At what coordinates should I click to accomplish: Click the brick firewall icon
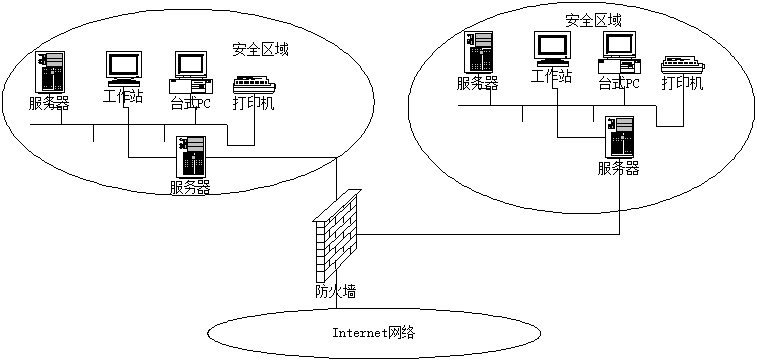coord(337,236)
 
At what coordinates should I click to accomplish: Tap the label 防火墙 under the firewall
coord(335,291)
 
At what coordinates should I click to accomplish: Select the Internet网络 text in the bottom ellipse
coord(374,332)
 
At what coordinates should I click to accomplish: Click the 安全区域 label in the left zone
coord(260,50)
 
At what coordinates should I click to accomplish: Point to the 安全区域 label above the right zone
coord(593,20)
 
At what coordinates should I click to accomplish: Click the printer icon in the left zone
coord(254,86)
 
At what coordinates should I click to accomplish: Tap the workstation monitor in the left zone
coord(124,69)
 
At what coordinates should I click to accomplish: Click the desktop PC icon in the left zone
coord(190,72)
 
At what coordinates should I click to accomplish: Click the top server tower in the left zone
coord(52,72)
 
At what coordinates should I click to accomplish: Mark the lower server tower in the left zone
coord(192,157)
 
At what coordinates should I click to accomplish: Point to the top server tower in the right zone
coord(478,52)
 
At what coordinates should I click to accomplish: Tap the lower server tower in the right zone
coord(620,137)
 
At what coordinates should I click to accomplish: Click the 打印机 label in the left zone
coord(254,104)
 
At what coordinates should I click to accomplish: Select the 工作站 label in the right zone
coord(552,76)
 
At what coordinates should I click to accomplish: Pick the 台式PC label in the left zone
coord(190,103)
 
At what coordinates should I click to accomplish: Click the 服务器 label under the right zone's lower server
coord(619,168)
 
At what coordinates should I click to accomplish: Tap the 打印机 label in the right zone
coord(683,83)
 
